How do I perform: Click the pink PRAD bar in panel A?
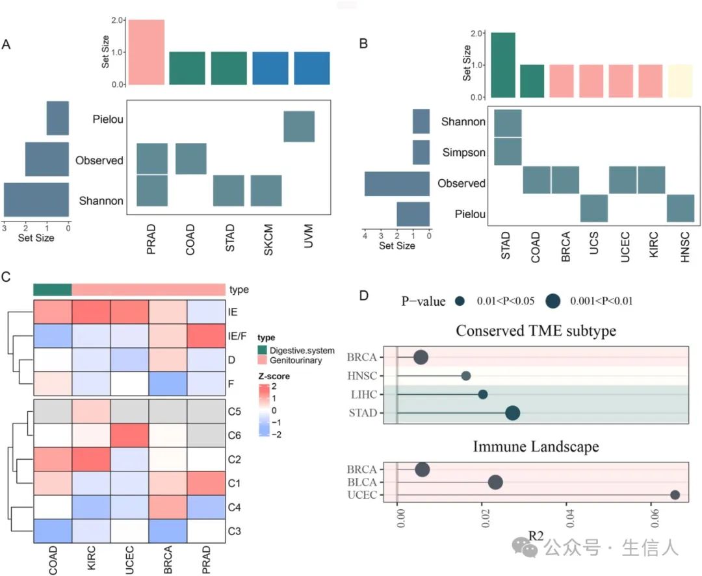pos(146,53)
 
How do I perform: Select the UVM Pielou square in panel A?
pos(299,127)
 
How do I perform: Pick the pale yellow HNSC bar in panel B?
pos(681,81)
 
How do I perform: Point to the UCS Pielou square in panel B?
pos(593,208)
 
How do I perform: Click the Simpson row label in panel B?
pos(463,152)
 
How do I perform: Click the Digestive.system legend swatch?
pos(262,351)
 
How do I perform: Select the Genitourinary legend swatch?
pos(262,360)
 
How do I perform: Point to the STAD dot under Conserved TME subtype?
pos(512,413)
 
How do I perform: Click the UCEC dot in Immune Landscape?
pos(675,495)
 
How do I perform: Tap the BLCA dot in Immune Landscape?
pos(495,482)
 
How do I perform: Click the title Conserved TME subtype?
pos(536,330)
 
